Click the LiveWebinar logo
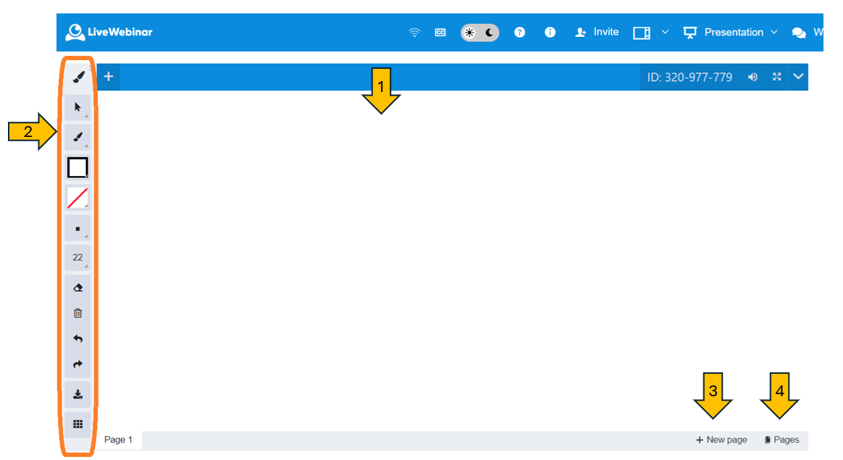point(109,33)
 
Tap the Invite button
point(597,33)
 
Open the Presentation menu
point(730,33)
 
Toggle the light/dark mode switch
point(479,33)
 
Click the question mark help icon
point(519,33)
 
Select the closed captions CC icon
point(440,33)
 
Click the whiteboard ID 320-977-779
point(689,77)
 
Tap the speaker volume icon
point(752,77)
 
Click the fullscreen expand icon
point(777,77)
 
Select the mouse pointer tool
point(77,107)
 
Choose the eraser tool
point(77,288)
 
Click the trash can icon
point(77,313)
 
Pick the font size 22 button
point(77,257)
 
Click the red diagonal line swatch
point(77,198)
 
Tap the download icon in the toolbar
point(77,394)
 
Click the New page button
point(721,440)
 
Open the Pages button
point(781,440)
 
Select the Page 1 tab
point(118,440)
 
